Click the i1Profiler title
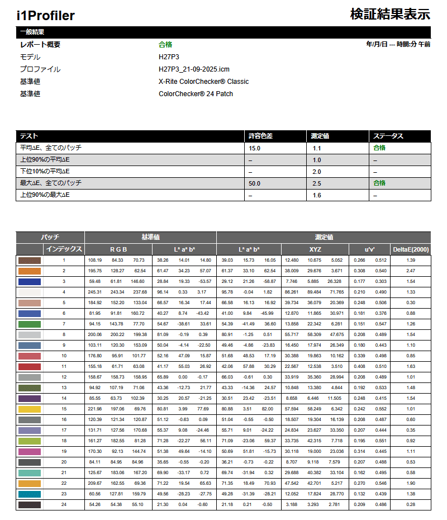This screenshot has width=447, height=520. [46, 16]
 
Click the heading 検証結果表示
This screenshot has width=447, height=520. [390, 14]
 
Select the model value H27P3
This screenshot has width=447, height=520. [169, 57]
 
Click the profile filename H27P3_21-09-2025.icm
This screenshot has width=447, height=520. [194, 69]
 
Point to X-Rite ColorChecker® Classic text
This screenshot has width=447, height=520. [203, 82]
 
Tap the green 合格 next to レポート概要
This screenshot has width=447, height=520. [165, 45]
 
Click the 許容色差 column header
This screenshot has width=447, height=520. [260, 136]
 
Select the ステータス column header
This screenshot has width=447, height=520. [388, 136]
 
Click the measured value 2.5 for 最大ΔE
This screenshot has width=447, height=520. [317, 183]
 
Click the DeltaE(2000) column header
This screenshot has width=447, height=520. [410, 249]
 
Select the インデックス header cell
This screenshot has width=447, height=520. [64, 249]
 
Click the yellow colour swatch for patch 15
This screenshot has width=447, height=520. [30, 409]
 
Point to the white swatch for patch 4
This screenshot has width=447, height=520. [30, 292]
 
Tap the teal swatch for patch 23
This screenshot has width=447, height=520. [30, 494]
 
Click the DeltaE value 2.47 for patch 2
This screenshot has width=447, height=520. [411, 271]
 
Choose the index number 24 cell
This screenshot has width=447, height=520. [64, 505]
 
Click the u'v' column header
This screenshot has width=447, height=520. [369, 249]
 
